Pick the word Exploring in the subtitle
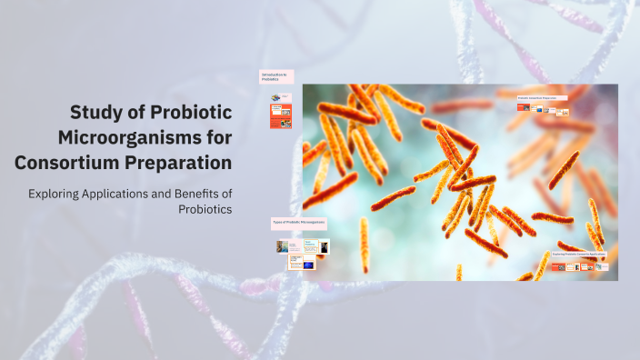pos(55,193)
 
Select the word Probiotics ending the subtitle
pos(205,209)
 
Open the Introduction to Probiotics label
pos(275,77)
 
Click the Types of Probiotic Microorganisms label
pos(298,222)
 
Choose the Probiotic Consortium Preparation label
pos(542,97)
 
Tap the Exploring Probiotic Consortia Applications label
pos(579,255)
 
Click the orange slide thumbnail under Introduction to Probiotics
pos(281,115)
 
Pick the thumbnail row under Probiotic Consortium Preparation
pos(543,110)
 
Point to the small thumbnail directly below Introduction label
pos(276,96)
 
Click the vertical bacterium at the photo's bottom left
pos(365,244)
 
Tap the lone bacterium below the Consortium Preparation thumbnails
pos(564,170)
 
